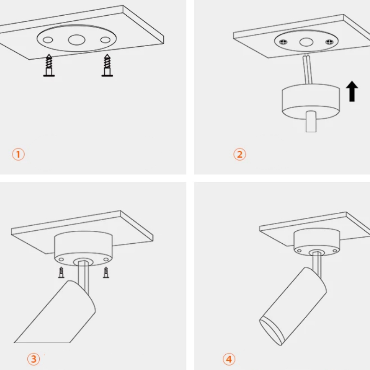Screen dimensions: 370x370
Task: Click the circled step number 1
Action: pyautogui.click(x=18, y=154)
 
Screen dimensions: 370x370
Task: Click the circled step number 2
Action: pyautogui.click(x=240, y=154)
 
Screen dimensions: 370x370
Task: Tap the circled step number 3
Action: pyautogui.click(x=33, y=359)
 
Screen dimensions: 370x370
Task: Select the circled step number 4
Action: pyautogui.click(x=229, y=359)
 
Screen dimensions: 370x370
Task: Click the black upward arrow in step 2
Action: pyautogui.click(x=352, y=91)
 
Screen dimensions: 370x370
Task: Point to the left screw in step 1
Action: pyautogui.click(x=49, y=65)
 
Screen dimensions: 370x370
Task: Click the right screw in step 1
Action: pyautogui.click(x=107, y=65)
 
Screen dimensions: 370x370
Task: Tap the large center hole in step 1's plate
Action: pyautogui.click(x=77, y=40)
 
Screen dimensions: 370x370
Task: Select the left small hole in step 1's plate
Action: pyautogui.click(x=48, y=40)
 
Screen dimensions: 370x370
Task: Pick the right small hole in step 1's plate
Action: pyautogui.click(x=105, y=40)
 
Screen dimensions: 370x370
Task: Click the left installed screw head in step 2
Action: pyautogui.click(x=283, y=42)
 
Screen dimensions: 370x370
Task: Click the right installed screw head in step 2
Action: pyautogui.click(x=329, y=42)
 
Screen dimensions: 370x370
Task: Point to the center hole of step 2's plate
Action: pyautogui.click(x=306, y=42)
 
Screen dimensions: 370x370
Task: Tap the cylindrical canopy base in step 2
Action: pyautogui.click(x=311, y=101)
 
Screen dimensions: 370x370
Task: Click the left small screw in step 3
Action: pyautogui.click(x=62, y=272)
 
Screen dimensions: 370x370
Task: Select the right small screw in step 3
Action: pyautogui.click(x=106, y=272)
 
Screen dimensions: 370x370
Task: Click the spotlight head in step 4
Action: pyautogui.click(x=293, y=306)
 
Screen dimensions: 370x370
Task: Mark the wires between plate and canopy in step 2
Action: pyautogui.click(x=308, y=69)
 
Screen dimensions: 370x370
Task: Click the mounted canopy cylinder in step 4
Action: pyautogui.click(x=317, y=242)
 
